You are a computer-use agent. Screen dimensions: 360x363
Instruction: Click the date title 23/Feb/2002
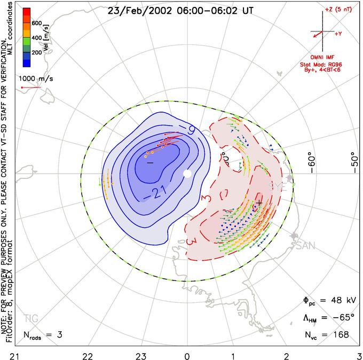139,10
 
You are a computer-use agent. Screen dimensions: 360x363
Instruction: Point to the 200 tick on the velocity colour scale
37,53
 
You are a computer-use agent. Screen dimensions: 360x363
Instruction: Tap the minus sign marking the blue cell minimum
150,162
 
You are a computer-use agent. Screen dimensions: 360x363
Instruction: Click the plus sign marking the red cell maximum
259,203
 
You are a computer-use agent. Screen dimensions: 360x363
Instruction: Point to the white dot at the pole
187,174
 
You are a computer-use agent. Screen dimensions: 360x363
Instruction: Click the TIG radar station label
31,318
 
